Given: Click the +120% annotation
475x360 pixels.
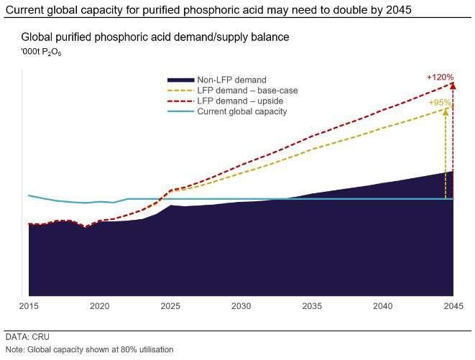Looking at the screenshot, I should (x=441, y=75).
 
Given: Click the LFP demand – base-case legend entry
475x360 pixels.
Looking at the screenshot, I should (x=247, y=91).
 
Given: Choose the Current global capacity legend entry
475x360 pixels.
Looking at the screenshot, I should (x=242, y=111).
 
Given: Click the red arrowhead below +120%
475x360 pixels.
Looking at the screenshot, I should (x=453, y=86).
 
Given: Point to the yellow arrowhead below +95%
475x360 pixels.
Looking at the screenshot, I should (x=446, y=111).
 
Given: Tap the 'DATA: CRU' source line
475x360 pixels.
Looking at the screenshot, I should (x=27, y=336).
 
